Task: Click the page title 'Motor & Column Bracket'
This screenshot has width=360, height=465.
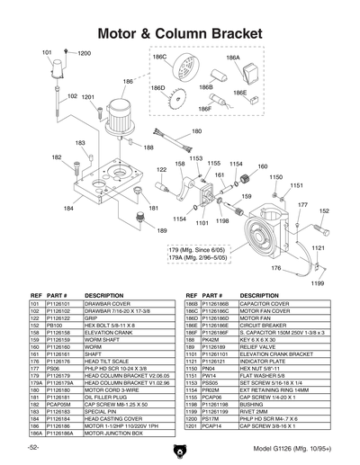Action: click(x=179, y=33)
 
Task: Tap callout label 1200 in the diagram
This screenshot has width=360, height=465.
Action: click(x=84, y=54)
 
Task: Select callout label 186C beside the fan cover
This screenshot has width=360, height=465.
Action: click(x=159, y=56)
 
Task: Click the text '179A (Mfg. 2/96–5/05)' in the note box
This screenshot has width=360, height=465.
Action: click(x=202, y=257)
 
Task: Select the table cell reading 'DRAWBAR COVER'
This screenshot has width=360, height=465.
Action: click(x=106, y=303)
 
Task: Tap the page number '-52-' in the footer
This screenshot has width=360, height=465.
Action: click(x=33, y=447)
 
